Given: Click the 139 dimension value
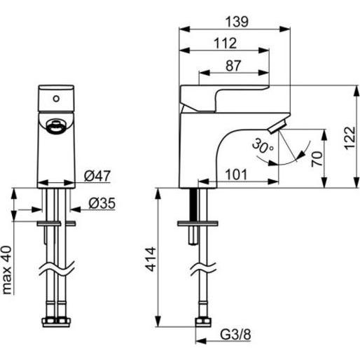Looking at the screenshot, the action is coord(237,22).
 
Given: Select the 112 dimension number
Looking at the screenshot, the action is coord(225,43).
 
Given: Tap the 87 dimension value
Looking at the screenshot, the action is coord(233,66).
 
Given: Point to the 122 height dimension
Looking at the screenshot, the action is coord(349,138).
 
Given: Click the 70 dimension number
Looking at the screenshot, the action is coord(317,159).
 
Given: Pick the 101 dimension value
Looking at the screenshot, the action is coord(236,175).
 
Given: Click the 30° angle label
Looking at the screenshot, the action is coord(263,146).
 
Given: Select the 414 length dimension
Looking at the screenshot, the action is coord(151,259).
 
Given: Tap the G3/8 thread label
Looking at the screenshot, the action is coord(235,335).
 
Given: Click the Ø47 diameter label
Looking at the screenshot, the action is coord(97,176).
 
